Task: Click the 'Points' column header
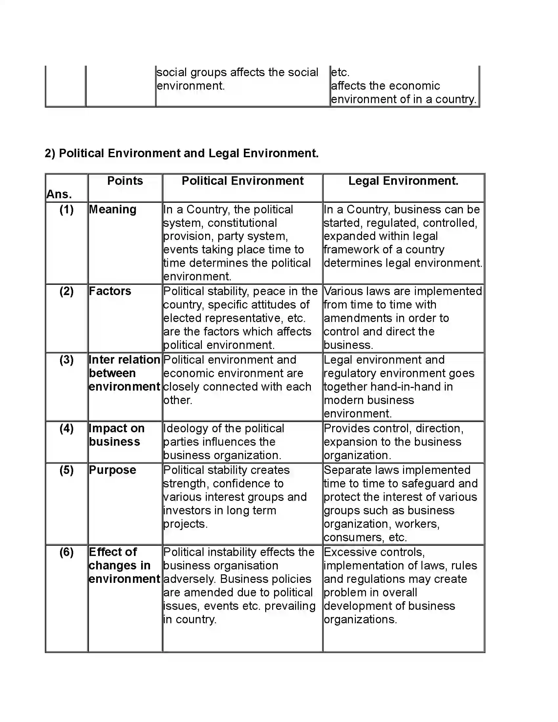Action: click(125, 181)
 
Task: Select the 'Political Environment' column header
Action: click(242, 181)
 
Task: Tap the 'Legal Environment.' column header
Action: click(403, 181)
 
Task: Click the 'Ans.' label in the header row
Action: click(59, 194)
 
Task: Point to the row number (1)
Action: click(66, 210)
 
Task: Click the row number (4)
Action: click(66, 428)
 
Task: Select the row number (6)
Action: click(66, 552)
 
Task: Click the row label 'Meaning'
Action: click(113, 210)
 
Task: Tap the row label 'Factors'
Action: click(110, 291)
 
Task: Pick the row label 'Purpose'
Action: click(112, 470)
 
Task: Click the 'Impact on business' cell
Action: click(117, 435)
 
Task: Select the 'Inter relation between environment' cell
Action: click(124, 373)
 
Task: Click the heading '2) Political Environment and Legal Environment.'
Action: click(182, 153)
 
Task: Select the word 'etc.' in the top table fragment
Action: click(340, 73)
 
